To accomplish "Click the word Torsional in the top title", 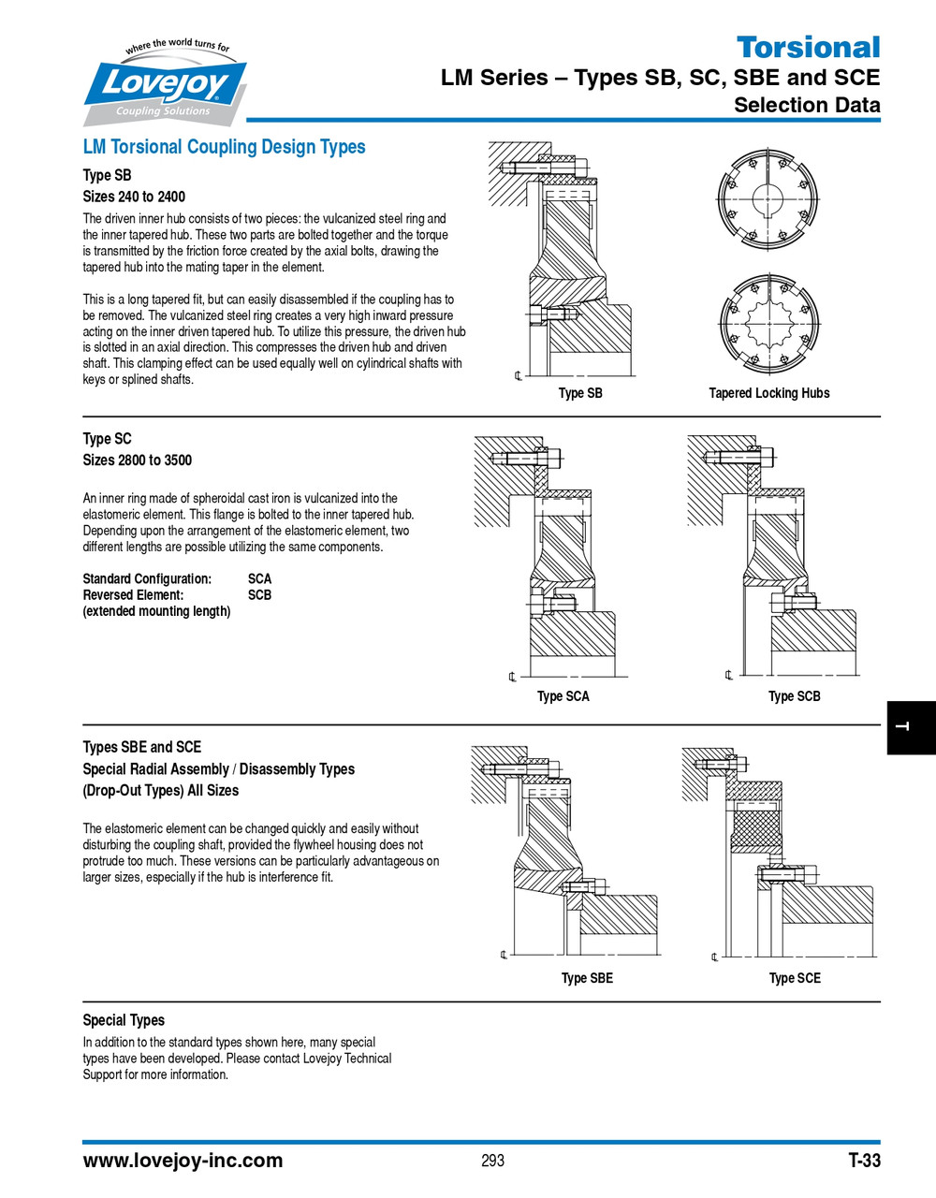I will click(x=808, y=47).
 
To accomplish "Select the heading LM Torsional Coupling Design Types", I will click(x=224, y=147).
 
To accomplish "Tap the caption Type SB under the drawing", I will click(x=580, y=393).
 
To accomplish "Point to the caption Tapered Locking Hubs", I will click(x=768, y=393).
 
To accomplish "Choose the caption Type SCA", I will click(x=563, y=696).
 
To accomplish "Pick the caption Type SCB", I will click(x=794, y=696).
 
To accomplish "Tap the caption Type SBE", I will click(x=587, y=978).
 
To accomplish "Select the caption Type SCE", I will click(x=795, y=978).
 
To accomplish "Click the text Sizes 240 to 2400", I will click(x=134, y=197).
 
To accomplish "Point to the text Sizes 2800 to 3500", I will click(x=137, y=460).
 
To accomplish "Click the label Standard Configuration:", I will click(x=147, y=578).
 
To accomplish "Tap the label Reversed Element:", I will click(x=133, y=595).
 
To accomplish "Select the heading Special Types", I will click(x=124, y=1020).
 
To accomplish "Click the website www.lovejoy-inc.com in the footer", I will click(x=183, y=1161).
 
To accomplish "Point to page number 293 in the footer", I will click(x=492, y=1161).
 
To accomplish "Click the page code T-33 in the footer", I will click(x=864, y=1161).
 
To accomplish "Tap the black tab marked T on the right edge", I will click(x=910, y=727).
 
